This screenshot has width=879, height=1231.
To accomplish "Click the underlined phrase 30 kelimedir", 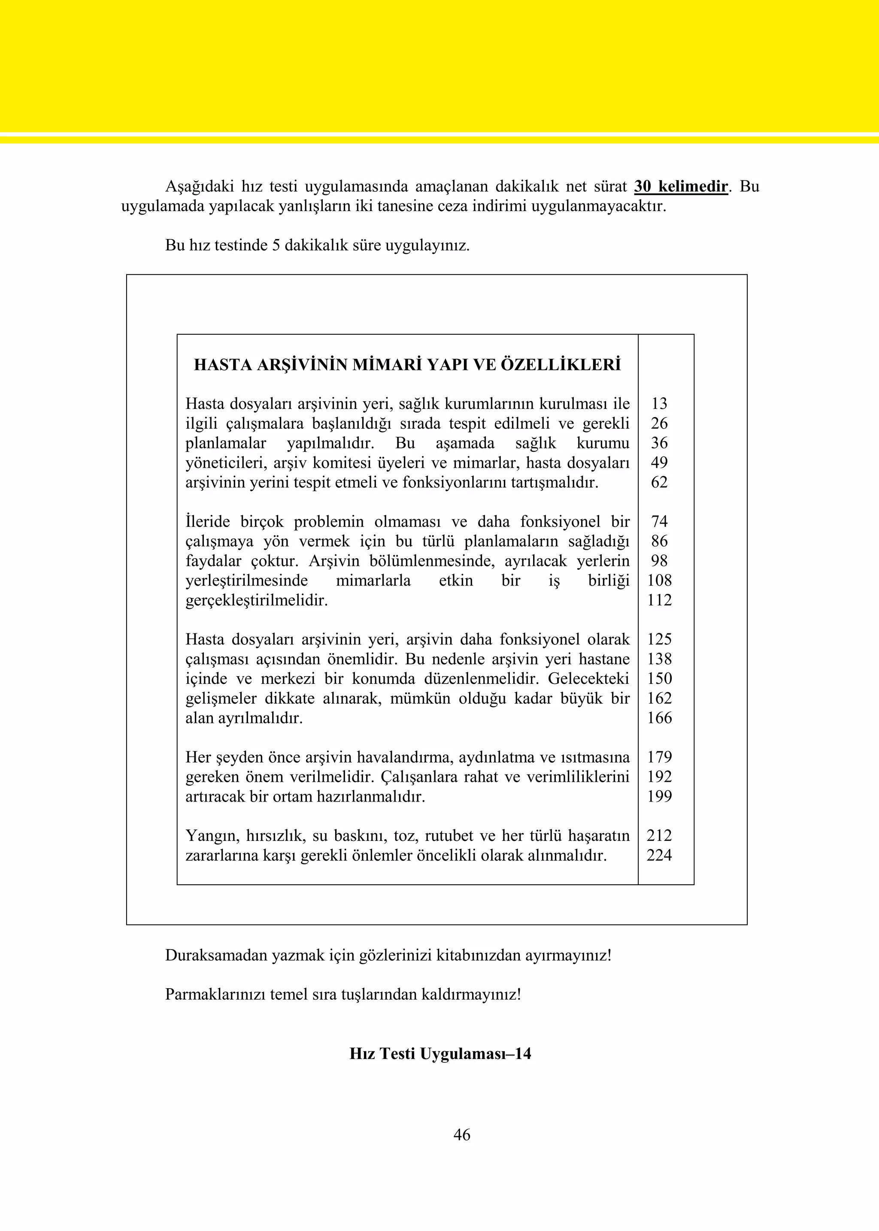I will tap(681, 187).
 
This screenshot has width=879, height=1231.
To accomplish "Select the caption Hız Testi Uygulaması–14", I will tap(440, 1054).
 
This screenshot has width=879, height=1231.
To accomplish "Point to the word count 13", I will tap(659, 404).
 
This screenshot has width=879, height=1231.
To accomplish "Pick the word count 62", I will tap(659, 482).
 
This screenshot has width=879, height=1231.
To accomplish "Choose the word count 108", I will tap(659, 581).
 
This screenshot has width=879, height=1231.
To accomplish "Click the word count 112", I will tap(659, 600).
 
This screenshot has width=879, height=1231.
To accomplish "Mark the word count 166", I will tap(659, 718).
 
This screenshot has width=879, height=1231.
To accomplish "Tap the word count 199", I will tap(659, 796).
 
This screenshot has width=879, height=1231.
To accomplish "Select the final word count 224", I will tap(659, 856).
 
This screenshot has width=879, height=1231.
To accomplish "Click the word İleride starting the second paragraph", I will tap(207, 522).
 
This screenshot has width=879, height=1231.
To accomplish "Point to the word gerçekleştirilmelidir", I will tap(257, 601).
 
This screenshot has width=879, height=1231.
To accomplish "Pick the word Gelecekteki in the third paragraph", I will tap(589, 678).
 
